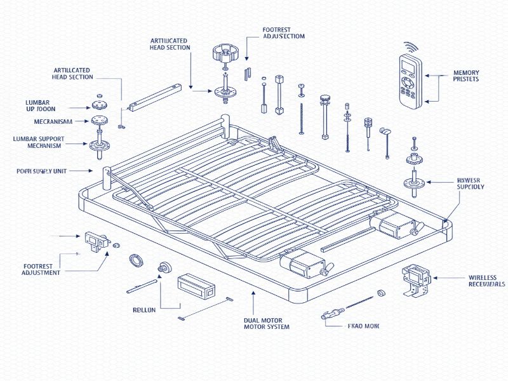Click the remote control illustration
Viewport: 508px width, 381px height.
(410, 80)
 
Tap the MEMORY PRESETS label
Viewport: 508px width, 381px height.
(466, 76)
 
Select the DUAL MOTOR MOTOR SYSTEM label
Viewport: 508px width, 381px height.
(266, 323)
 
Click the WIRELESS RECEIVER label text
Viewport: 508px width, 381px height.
(486, 281)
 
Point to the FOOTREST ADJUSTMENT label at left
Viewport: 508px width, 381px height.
(41, 269)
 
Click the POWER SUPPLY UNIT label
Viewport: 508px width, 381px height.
(42, 171)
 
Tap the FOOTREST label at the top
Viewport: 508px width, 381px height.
(283, 33)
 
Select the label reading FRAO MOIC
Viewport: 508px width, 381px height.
(363, 326)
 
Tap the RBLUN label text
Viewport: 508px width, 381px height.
(144, 311)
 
